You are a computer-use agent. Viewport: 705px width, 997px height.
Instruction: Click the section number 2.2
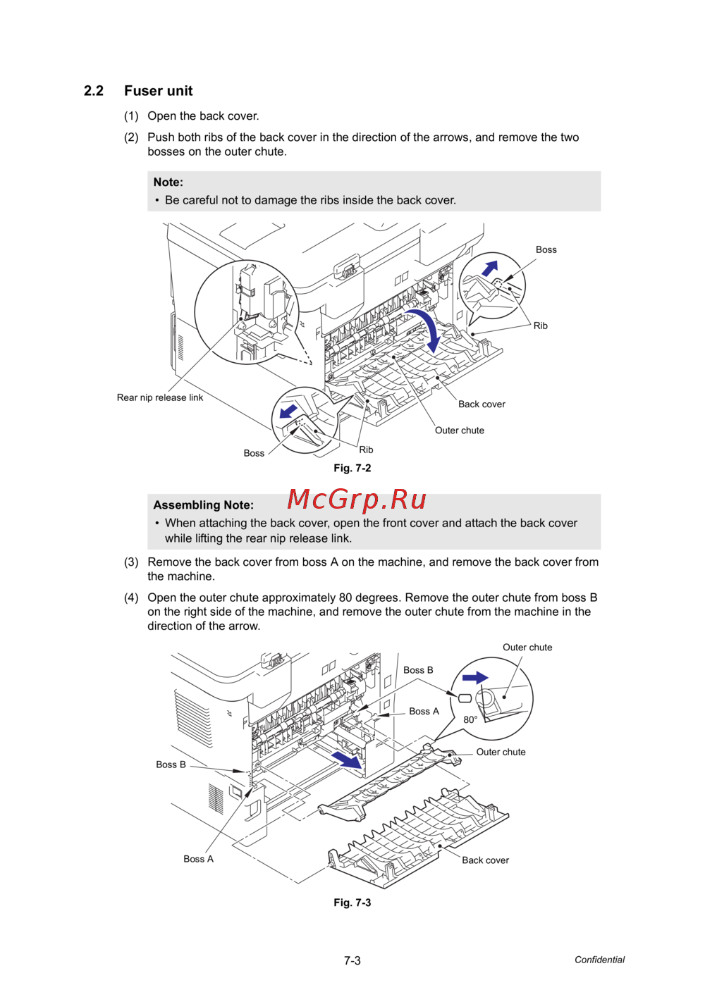[x=94, y=91]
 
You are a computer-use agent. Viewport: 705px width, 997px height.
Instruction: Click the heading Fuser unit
[x=158, y=91]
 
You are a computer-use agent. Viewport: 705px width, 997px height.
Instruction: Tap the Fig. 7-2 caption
[x=352, y=468]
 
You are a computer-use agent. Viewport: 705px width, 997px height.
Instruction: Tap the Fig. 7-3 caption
[x=352, y=903]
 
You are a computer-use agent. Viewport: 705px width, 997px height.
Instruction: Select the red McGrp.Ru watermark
[x=357, y=500]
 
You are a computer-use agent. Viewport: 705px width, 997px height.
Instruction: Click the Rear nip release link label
[x=160, y=397]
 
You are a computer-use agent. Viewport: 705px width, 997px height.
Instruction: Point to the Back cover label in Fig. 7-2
[x=482, y=404]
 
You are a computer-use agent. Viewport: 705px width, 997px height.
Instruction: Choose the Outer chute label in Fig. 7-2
[x=459, y=431]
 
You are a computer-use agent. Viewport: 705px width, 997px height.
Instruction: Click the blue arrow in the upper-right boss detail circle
[x=489, y=268]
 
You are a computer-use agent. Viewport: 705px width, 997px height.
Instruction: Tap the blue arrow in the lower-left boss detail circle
[x=288, y=411]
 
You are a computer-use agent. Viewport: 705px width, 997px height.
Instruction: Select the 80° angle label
[x=470, y=719]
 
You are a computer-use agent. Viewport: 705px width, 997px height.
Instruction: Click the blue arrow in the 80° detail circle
[x=475, y=678]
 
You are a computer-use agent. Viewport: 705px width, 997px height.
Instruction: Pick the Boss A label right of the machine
[x=424, y=712]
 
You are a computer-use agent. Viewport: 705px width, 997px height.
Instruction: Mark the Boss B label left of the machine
[x=171, y=764]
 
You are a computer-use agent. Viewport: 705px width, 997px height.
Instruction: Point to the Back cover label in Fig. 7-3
[x=485, y=860]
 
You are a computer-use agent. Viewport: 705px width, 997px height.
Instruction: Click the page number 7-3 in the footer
[x=352, y=960]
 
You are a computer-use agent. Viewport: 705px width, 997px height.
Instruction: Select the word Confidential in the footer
[x=599, y=960]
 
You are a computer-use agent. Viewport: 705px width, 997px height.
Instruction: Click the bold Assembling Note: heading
[x=203, y=505]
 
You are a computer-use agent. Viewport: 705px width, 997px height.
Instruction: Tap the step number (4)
[x=131, y=597]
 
